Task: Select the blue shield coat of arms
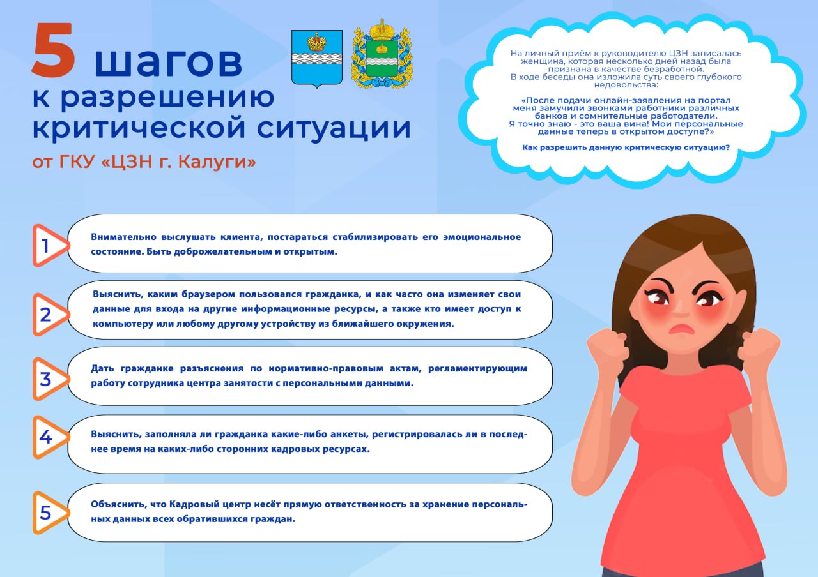tap(316, 58)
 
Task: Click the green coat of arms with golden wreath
tap(382, 57)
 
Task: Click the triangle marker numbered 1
tap(48, 245)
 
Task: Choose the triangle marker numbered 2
tap(48, 314)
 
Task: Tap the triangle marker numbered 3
tap(48, 378)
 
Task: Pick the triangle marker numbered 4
tap(48, 437)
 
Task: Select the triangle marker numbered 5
tap(48, 512)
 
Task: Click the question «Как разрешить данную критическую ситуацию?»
tap(626, 147)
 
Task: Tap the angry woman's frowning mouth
tap(682, 328)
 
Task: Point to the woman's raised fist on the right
tap(758, 349)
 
